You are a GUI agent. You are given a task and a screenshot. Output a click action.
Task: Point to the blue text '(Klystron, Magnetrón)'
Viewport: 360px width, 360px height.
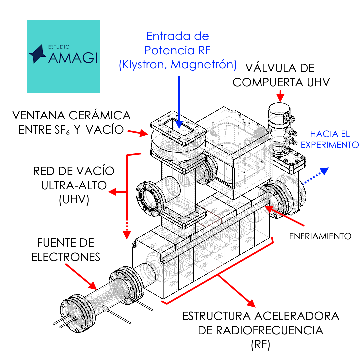[x=177, y=64]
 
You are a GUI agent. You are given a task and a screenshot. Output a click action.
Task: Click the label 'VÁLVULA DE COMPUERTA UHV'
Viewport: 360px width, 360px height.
[x=281, y=75]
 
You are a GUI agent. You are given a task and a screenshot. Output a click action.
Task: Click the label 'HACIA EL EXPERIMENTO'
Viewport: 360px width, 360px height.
[x=334, y=139]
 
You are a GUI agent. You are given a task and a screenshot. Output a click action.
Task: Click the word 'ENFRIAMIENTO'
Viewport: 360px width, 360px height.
[x=320, y=236]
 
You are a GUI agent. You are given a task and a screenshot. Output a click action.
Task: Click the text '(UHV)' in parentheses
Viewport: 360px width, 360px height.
[x=74, y=200]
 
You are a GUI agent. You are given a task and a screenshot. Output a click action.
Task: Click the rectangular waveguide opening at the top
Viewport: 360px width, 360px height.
[x=179, y=128]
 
